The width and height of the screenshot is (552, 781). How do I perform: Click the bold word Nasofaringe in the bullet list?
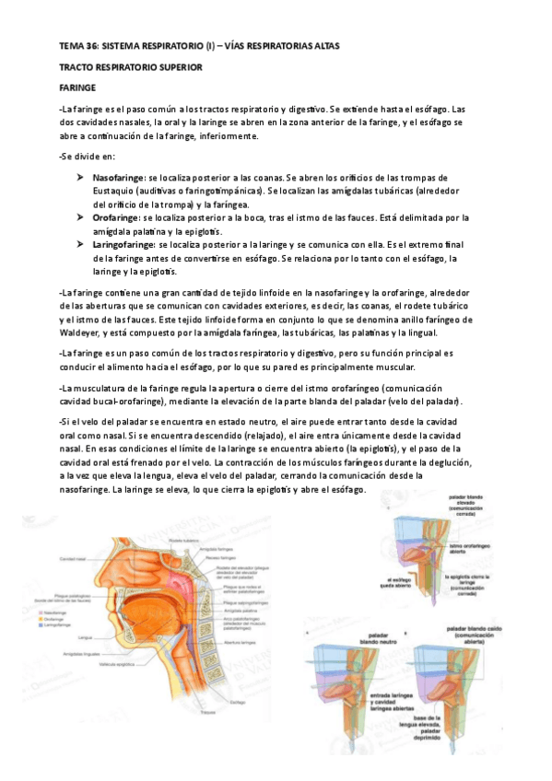pos(118,177)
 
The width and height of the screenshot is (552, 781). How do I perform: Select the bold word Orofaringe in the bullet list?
pos(114,217)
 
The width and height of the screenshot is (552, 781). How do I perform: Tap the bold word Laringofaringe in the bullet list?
pos(123,245)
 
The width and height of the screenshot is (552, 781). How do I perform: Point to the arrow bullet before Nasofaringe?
pos(81,177)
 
